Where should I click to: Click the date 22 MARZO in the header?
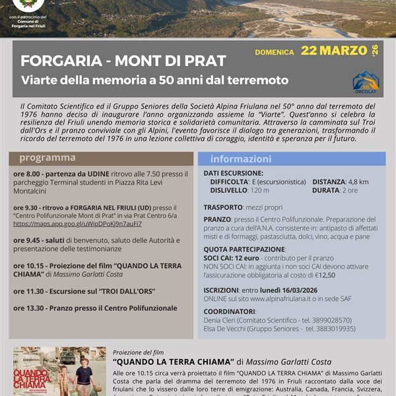tap(334, 50)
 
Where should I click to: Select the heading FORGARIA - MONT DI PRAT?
tap(123, 61)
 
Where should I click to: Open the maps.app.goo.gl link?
tap(77, 224)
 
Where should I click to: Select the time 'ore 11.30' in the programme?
tap(30, 291)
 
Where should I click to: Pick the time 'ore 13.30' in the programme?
tap(30, 308)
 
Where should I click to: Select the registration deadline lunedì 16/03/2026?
tap(308, 290)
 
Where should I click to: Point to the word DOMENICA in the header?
tap(275, 51)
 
